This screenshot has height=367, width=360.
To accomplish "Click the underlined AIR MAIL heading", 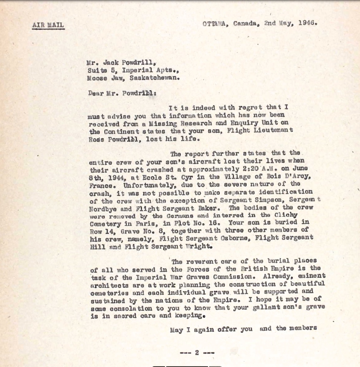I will [48, 26].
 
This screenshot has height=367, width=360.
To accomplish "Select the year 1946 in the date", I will [308, 23].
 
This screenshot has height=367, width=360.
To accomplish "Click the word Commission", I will [235, 276].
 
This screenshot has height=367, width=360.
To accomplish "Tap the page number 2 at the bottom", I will [197, 352].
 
